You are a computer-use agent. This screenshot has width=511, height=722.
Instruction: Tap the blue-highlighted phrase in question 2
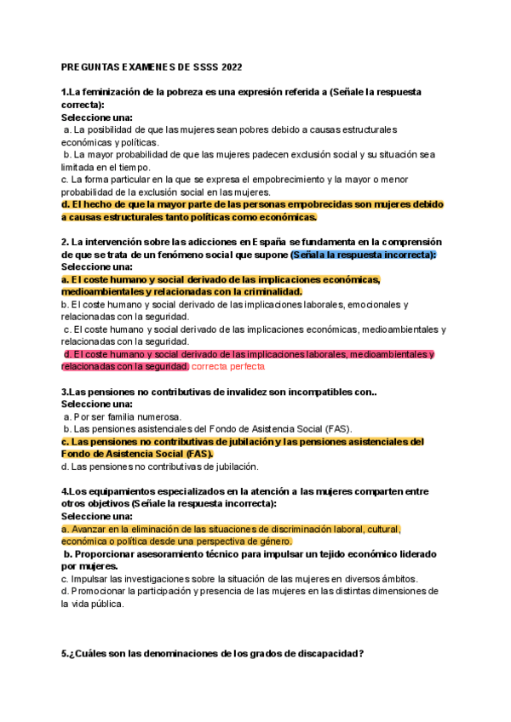click(x=363, y=255)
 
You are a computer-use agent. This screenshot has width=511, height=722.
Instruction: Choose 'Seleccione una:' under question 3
click(x=96, y=404)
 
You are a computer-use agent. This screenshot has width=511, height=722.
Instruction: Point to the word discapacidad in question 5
click(x=328, y=654)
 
